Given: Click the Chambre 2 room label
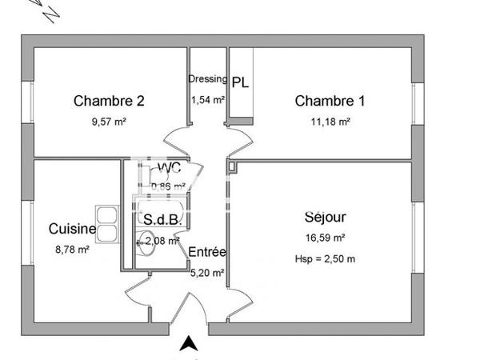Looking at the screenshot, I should click(x=109, y=101).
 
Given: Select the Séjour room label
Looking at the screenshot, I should click(x=326, y=217).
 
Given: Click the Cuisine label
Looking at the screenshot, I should click(x=72, y=230).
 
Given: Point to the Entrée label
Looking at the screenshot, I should click(x=207, y=252).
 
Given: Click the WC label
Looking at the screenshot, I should click(x=169, y=167).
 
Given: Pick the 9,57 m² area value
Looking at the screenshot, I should click(x=110, y=122).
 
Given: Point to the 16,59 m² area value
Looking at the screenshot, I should click(x=326, y=238).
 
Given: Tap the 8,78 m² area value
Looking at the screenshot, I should click(x=72, y=249).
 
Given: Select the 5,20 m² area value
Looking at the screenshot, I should click(x=206, y=272).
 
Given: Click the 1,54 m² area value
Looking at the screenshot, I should click(x=207, y=100).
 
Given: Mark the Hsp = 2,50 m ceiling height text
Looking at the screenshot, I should click(x=326, y=258).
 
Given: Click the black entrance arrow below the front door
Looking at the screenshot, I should click(x=188, y=344).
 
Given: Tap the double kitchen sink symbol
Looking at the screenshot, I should click(x=106, y=217).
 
